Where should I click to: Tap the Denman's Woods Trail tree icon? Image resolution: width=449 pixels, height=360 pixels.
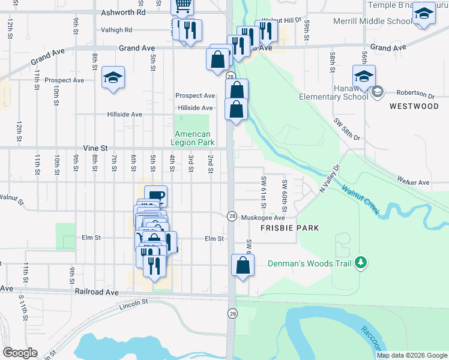360,262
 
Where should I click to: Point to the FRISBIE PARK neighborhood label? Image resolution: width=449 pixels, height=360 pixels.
289,228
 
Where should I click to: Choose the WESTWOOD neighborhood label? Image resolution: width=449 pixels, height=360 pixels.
414,106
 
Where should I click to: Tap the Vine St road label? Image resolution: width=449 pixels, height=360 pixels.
95,148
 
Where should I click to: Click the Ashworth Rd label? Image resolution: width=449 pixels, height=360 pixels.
124,11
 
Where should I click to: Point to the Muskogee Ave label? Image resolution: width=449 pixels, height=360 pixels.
262,218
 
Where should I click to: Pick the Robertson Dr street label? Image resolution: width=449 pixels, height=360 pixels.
415,94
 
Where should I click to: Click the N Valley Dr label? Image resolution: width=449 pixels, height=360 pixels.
330,178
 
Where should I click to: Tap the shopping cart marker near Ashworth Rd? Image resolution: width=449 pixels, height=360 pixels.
182,6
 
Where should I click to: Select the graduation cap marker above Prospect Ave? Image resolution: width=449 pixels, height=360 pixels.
113,77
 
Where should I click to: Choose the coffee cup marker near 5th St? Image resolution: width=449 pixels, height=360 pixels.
155,196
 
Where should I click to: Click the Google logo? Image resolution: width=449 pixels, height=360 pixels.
20,353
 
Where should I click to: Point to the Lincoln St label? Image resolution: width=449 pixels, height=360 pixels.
133,304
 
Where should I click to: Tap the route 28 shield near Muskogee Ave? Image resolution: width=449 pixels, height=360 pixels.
232,215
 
